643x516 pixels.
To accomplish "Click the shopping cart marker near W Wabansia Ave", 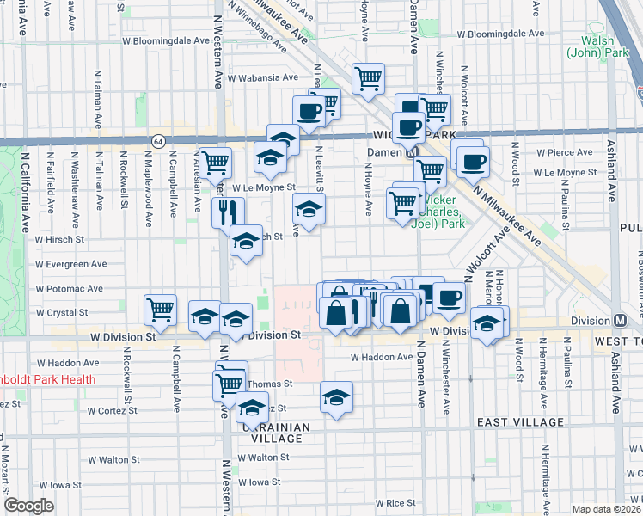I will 368,79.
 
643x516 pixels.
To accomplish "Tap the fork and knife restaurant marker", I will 229,212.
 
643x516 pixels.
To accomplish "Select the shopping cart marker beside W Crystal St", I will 161,310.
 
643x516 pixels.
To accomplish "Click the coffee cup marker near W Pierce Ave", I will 472,161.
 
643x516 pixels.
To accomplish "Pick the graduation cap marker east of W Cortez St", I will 336,397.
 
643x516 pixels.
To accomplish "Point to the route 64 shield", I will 158,140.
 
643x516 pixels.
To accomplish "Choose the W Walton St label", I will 113,459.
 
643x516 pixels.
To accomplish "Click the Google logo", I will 28,506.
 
